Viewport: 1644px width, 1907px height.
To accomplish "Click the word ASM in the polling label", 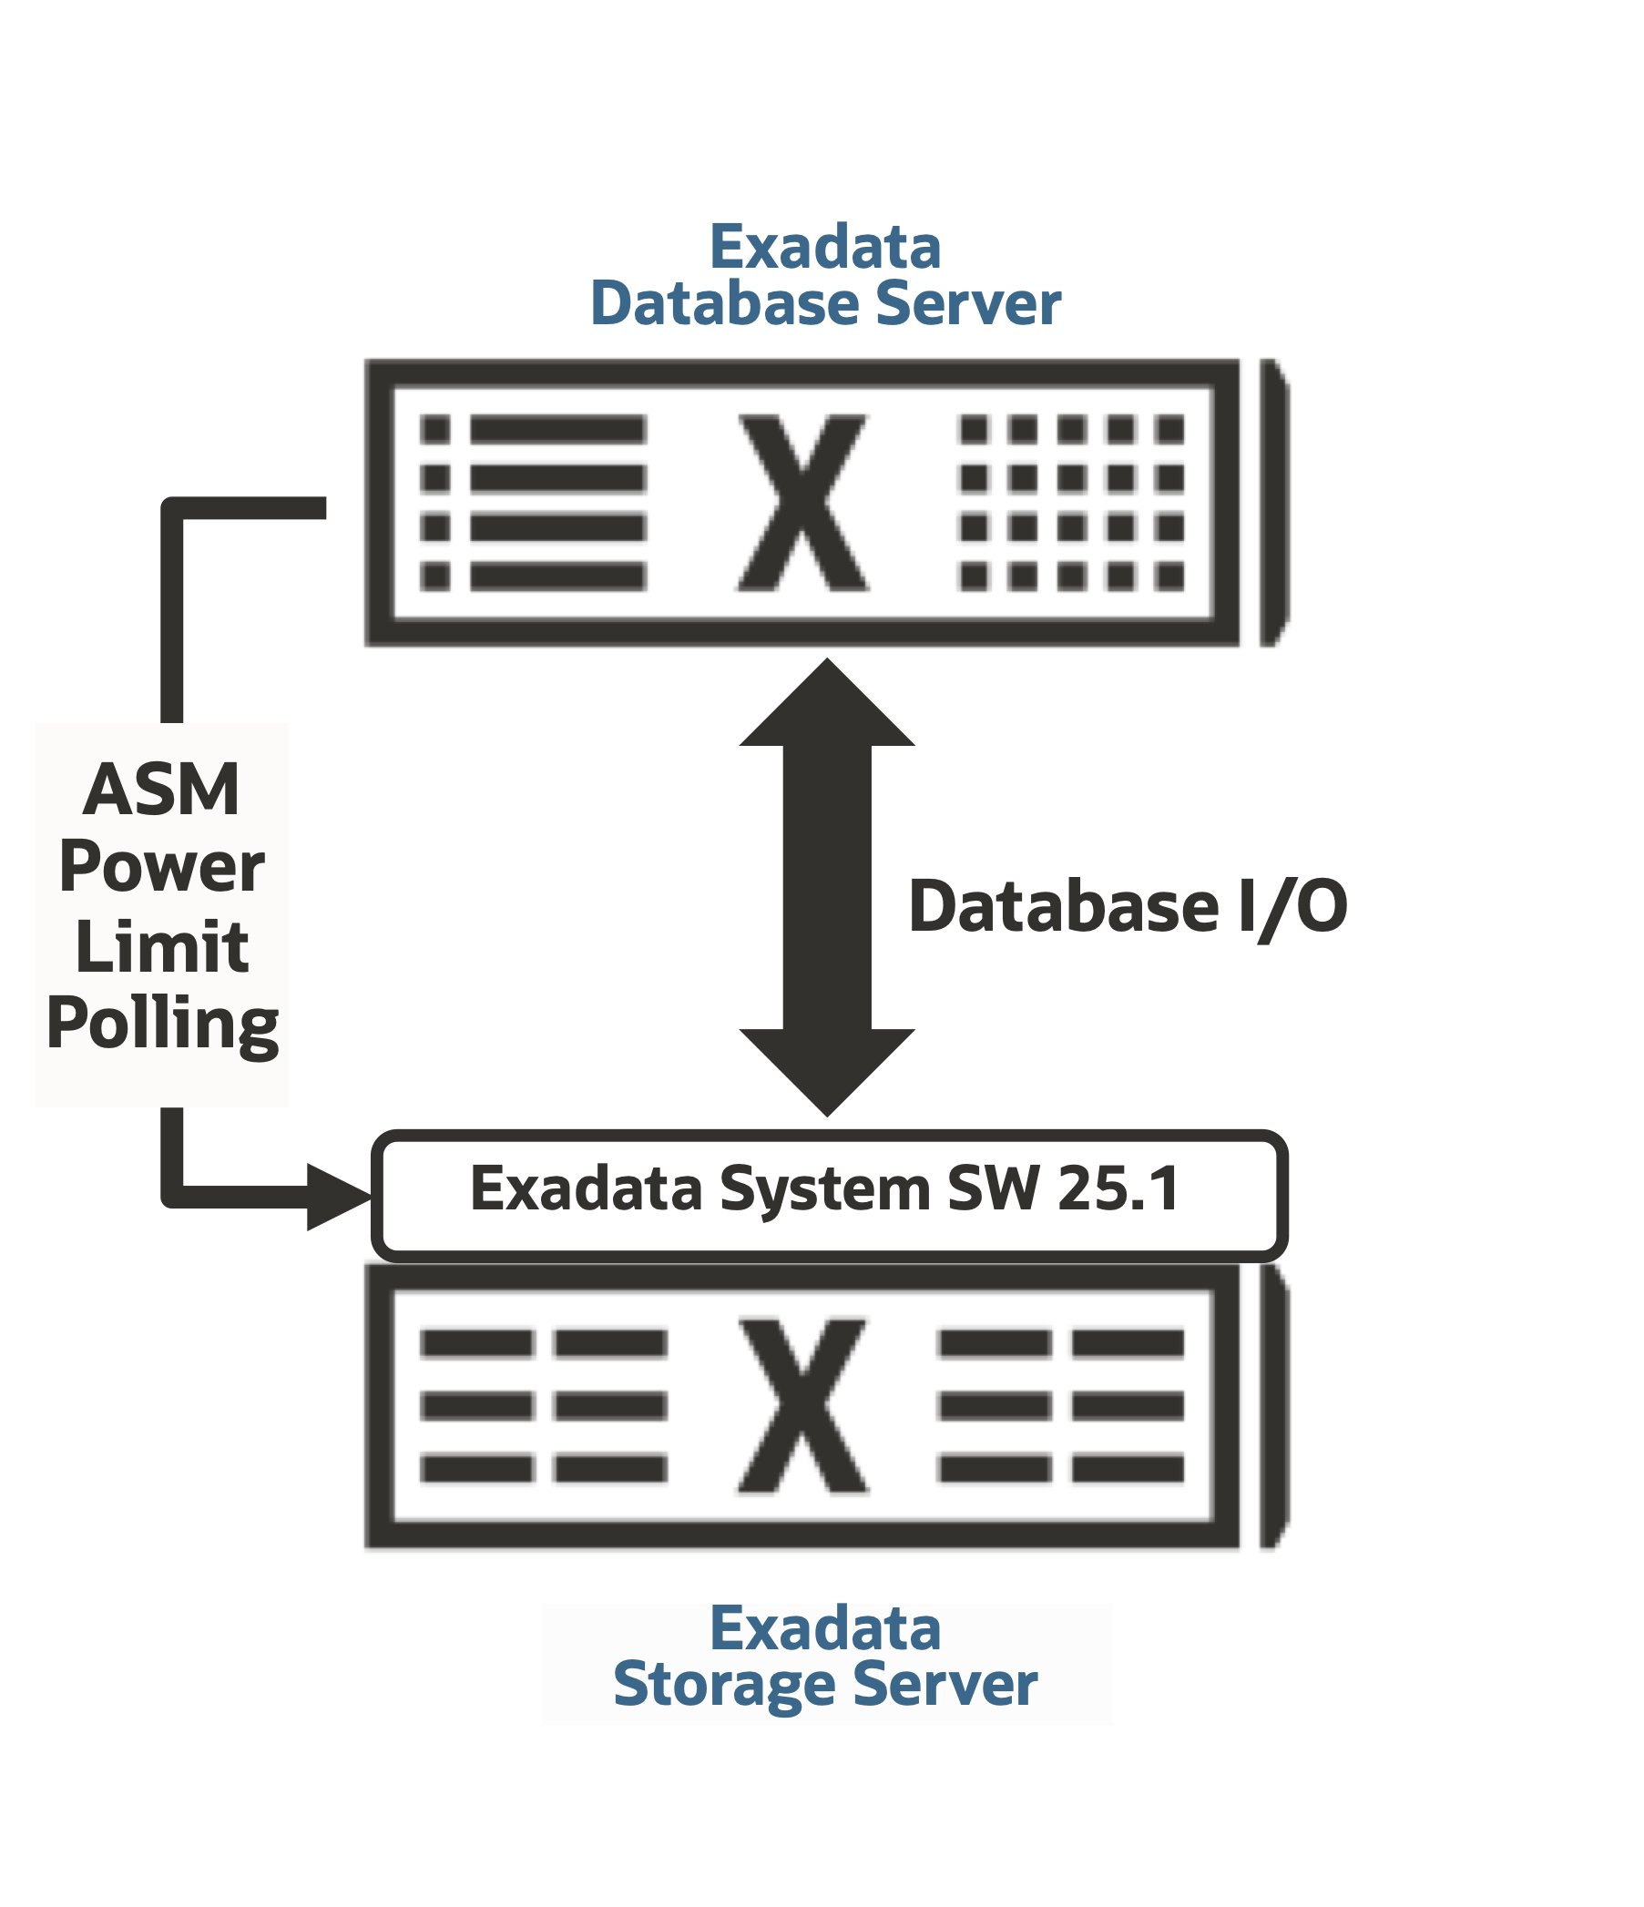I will pyautogui.click(x=161, y=790).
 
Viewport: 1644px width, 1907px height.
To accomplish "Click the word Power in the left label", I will pyautogui.click(x=161, y=868).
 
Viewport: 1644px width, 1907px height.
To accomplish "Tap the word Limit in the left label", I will pyautogui.click(x=161, y=947).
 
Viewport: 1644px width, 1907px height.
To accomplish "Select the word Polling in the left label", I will pyautogui.click(x=162, y=1025).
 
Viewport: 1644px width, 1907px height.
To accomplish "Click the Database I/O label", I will pyautogui.click(x=1127, y=907).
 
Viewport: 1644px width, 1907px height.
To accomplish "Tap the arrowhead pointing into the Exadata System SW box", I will pyautogui.click(x=335, y=1197).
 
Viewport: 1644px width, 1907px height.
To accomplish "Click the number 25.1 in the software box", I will pyautogui.click(x=1118, y=1189).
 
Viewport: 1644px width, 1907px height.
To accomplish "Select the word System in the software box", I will pyautogui.click(x=825, y=1189).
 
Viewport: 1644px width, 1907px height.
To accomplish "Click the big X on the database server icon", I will pyautogui.click(x=802, y=503).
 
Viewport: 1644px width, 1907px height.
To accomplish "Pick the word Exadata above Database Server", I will pyautogui.click(x=825, y=248).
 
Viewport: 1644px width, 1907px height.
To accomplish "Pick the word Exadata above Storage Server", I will pyautogui.click(x=825, y=1628).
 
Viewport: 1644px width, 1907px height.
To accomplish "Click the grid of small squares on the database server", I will pyautogui.click(x=1071, y=503).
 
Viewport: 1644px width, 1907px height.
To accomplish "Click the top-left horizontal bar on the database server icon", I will pyautogui.click(x=557, y=429).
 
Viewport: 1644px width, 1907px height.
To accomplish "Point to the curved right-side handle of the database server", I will pyautogui.click(x=1273, y=503).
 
